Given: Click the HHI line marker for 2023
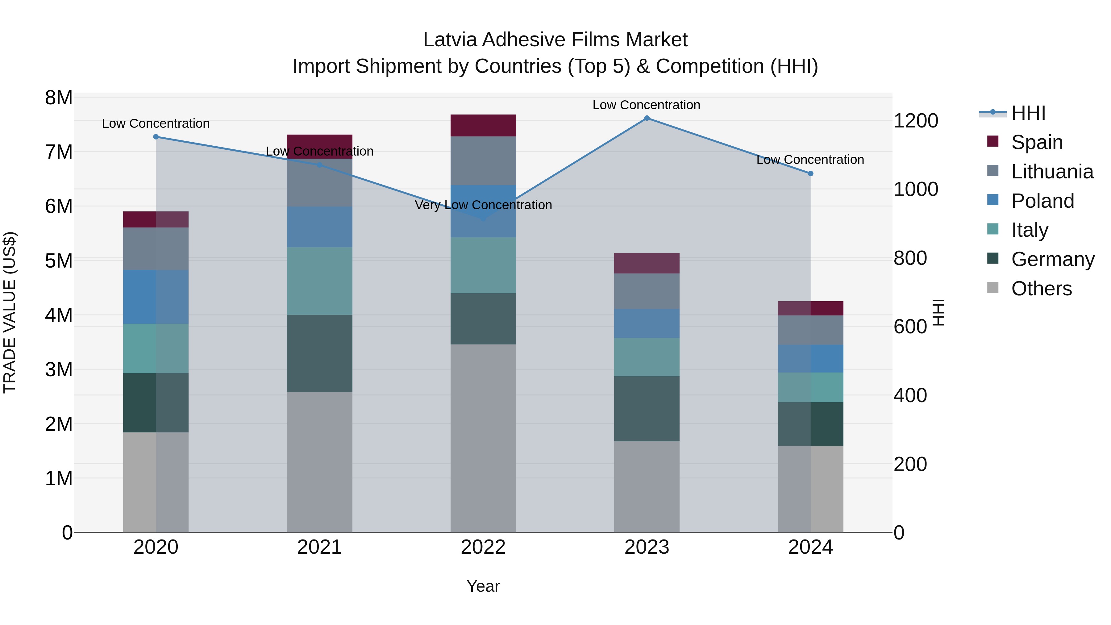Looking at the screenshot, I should (x=647, y=118).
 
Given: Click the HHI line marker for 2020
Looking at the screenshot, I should (x=156, y=137).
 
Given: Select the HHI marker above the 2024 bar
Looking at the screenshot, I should (x=810, y=173).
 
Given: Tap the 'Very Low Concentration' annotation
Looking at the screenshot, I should (x=483, y=205).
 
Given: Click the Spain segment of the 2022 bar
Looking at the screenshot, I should (x=483, y=126).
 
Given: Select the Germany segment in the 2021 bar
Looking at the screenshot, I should (x=320, y=353).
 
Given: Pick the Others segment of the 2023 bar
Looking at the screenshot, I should (x=647, y=486).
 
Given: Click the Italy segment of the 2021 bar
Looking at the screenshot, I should (x=320, y=281).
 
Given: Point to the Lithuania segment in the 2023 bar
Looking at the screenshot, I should (x=647, y=291).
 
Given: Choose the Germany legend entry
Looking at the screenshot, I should (x=1052, y=259).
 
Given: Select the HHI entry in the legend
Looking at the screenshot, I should (x=1028, y=113).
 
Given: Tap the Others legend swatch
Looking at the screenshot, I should (x=993, y=288).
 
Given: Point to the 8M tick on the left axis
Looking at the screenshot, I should (x=59, y=98).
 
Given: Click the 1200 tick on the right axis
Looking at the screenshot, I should (x=916, y=121).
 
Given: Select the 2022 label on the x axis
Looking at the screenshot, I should (x=483, y=547).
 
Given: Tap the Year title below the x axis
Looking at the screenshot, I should (x=483, y=586).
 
